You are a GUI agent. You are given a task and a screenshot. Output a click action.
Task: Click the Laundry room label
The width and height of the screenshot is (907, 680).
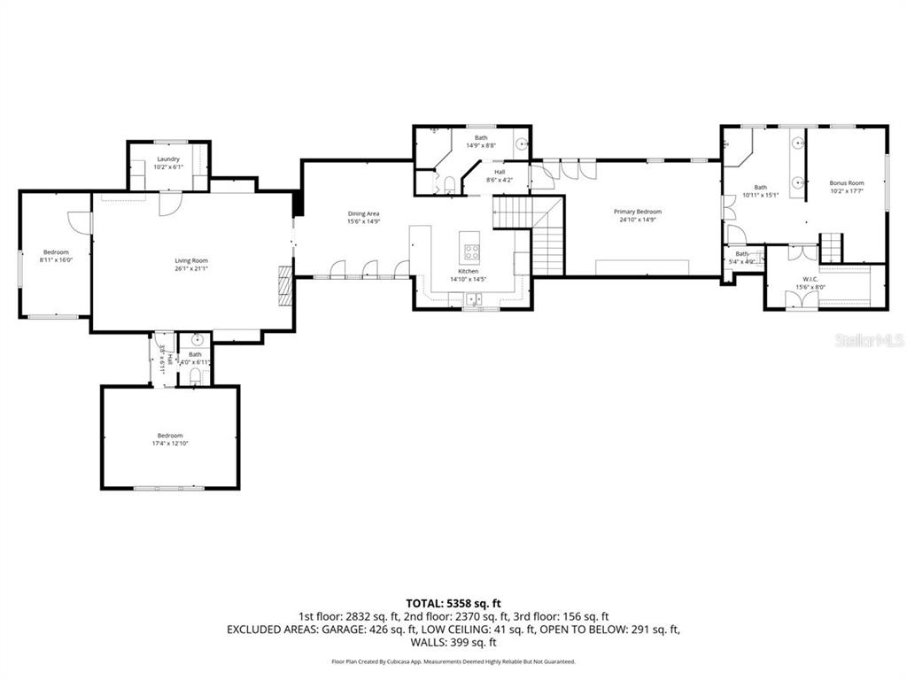pos(167,159)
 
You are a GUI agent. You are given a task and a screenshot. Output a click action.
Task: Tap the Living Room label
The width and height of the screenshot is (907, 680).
pos(191,260)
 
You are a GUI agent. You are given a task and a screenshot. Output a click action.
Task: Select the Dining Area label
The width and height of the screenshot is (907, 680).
pos(363,214)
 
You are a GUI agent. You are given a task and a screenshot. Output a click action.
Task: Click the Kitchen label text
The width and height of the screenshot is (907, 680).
pos(469,271)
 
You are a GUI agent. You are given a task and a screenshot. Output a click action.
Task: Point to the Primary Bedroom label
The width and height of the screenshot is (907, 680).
pos(638,212)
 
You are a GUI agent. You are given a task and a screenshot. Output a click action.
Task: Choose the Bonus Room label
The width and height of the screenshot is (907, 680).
pos(847,183)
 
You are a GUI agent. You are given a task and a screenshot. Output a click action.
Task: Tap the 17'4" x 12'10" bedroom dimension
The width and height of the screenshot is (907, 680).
pos(170,443)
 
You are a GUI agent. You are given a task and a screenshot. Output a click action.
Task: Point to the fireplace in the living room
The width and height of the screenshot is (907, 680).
pos(284,285)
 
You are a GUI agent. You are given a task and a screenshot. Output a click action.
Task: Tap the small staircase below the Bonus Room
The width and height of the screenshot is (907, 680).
pos(831,247)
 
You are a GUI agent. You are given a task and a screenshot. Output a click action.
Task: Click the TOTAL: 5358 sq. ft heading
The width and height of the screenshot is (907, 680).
pos(453,603)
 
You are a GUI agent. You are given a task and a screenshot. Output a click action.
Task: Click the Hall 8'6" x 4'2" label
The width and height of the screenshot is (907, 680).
pos(500,175)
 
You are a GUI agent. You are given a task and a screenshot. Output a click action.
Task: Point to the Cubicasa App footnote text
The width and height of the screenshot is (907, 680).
pos(453,661)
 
